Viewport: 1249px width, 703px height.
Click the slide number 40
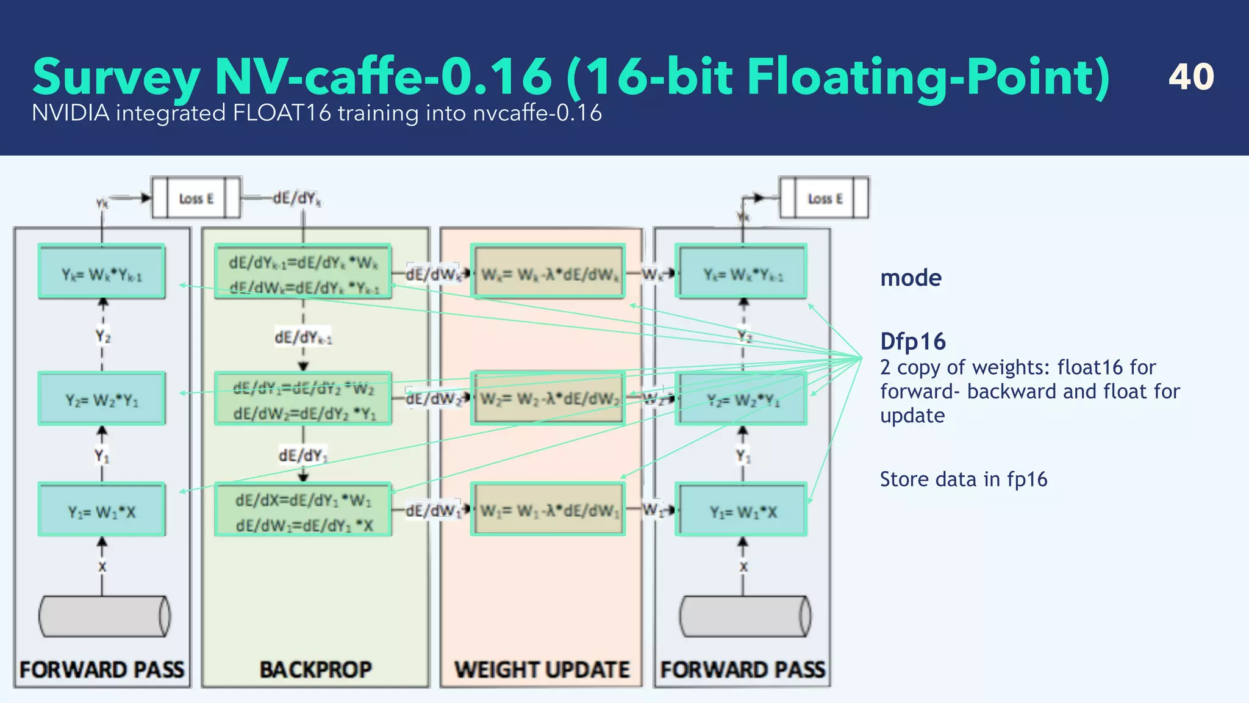[1190, 77]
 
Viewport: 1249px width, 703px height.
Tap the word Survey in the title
[116, 78]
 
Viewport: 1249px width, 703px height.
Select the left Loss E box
[196, 198]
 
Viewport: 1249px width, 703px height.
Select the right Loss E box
[825, 198]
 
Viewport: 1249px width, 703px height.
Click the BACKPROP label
[315, 669]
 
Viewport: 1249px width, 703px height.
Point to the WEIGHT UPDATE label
[542, 669]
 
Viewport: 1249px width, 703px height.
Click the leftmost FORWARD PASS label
[102, 669]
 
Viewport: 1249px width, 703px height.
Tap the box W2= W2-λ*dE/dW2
[548, 398]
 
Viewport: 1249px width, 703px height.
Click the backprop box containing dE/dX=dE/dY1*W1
[303, 510]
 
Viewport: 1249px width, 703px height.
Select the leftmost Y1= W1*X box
[102, 510]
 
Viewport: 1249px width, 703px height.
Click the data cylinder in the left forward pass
[104, 616]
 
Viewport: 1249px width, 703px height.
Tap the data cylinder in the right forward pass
[745, 616]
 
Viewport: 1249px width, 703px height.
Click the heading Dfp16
[912, 342]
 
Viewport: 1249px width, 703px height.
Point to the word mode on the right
[911, 278]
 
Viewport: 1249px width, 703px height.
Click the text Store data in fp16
[963, 480]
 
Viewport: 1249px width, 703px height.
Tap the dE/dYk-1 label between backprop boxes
[302, 337]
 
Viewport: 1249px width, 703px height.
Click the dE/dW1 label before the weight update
[433, 510]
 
